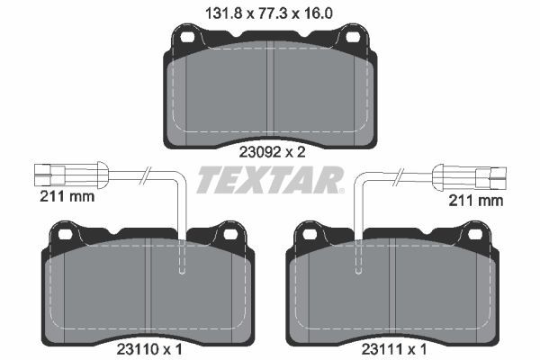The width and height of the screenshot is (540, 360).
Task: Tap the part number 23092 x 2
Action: coord(270,152)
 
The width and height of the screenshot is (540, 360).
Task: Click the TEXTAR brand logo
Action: coord(269,179)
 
